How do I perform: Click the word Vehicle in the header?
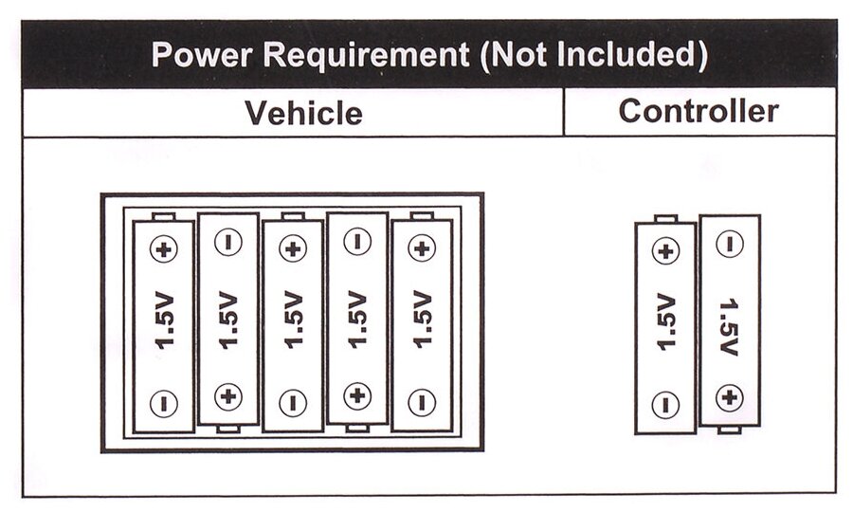click(x=303, y=113)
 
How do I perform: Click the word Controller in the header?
click(x=699, y=111)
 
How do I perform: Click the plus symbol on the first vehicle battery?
click(x=164, y=249)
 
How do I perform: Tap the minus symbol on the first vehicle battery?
click(x=164, y=403)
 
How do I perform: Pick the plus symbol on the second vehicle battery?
click(x=227, y=395)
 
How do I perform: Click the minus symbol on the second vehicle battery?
click(x=227, y=242)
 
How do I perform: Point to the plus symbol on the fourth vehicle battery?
click(x=356, y=395)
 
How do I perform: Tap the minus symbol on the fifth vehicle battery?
click(x=421, y=403)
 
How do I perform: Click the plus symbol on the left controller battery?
click(x=666, y=251)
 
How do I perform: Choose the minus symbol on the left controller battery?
click(x=666, y=405)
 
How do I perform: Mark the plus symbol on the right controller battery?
click(x=729, y=397)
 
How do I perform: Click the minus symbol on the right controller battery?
click(x=729, y=245)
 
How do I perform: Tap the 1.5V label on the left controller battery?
click(x=666, y=322)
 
